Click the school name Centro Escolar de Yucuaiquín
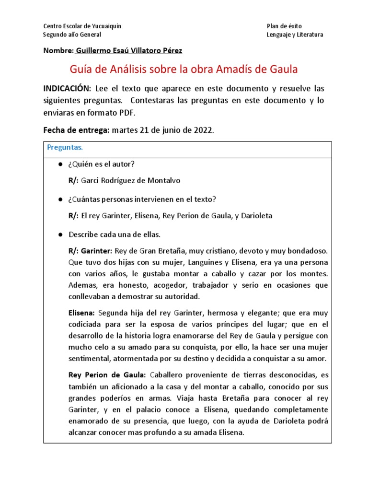pyautogui.click(x=82, y=26)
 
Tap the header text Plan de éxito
pyautogui.click(x=284, y=26)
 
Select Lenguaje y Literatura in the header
pyautogui.click(x=295, y=35)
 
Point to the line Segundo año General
pyautogui.click(x=72, y=35)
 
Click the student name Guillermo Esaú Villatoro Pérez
pyautogui.click(x=129, y=50)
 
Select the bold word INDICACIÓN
pyautogui.click(x=67, y=89)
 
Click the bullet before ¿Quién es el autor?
pyautogui.click(x=60, y=164)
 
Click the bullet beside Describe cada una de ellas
pyautogui.click(x=60, y=234)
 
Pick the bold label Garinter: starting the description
pyautogui.click(x=96, y=251)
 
